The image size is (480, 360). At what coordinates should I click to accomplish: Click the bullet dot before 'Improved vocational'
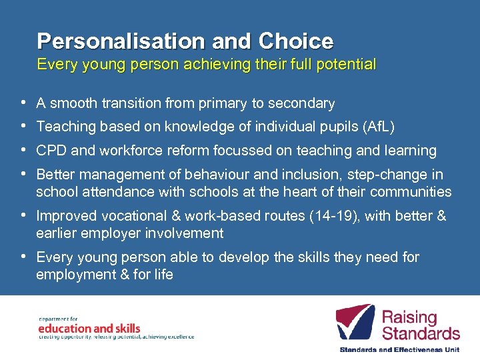click(x=23, y=216)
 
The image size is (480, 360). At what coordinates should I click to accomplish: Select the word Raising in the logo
click(x=409, y=317)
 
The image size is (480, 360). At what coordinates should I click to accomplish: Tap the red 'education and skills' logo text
click(x=89, y=328)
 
